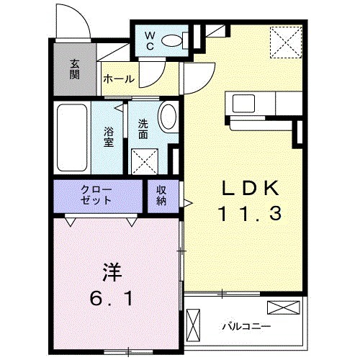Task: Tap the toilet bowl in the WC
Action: coord(173,41)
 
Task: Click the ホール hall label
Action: coord(118,78)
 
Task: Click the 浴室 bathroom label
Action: coord(109,137)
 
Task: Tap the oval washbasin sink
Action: coord(168,117)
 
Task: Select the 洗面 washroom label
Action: coord(143,128)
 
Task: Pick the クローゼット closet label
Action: coord(96,194)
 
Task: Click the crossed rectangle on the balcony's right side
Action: coord(282,308)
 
